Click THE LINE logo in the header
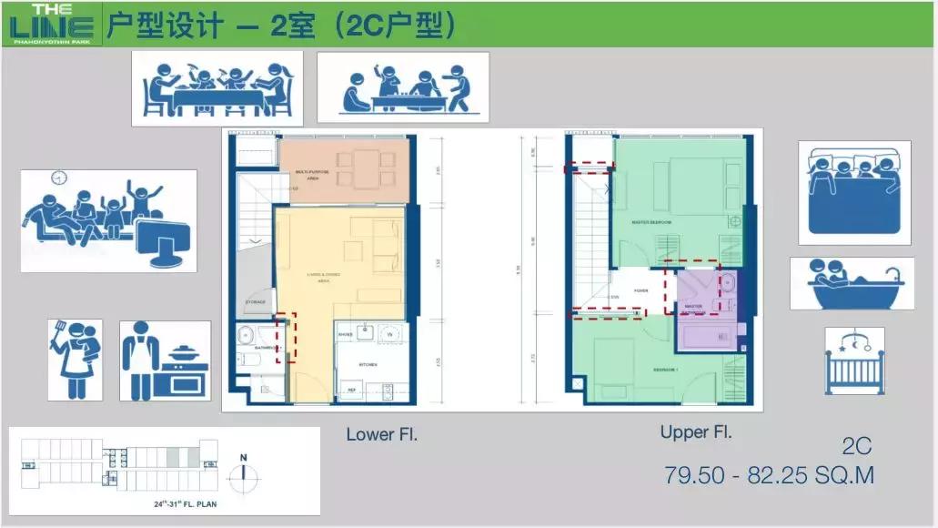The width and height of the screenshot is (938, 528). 51,24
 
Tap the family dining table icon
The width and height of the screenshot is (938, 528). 217,88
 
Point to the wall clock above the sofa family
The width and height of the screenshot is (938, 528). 60,178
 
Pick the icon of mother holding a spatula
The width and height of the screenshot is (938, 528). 75,359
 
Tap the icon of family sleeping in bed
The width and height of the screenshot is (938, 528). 854,191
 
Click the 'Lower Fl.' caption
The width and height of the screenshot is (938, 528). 381,435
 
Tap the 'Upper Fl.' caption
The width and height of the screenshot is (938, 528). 696,433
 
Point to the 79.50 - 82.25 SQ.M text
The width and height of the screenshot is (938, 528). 770,475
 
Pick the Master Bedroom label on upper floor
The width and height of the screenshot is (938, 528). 651,222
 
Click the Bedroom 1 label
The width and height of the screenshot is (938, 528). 665,371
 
